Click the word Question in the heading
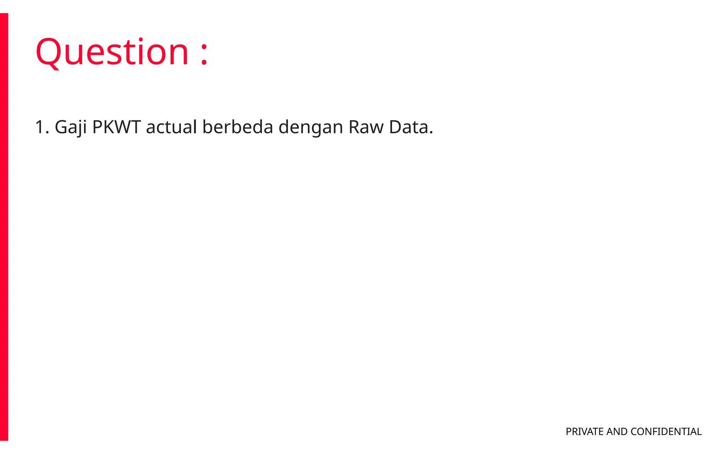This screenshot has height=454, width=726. (x=112, y=52)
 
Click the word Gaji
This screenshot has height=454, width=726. (x=71, y=127)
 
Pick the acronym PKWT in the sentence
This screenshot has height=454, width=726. (x=116, y=127)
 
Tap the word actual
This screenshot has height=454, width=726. (x=171, y=127)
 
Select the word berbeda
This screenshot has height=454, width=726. (x=238, y=127)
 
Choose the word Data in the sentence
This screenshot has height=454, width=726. (x=408, y=127)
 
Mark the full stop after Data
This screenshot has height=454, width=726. (x=431, y=133)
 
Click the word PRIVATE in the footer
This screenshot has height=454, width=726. (x=585, y=432)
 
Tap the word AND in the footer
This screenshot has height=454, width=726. (x=617, y=432)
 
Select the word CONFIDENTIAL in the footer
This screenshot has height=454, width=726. (x=666, y=432)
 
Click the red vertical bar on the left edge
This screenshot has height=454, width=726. (x=4, y=227)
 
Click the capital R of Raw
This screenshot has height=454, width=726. (x=354, y=127)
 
